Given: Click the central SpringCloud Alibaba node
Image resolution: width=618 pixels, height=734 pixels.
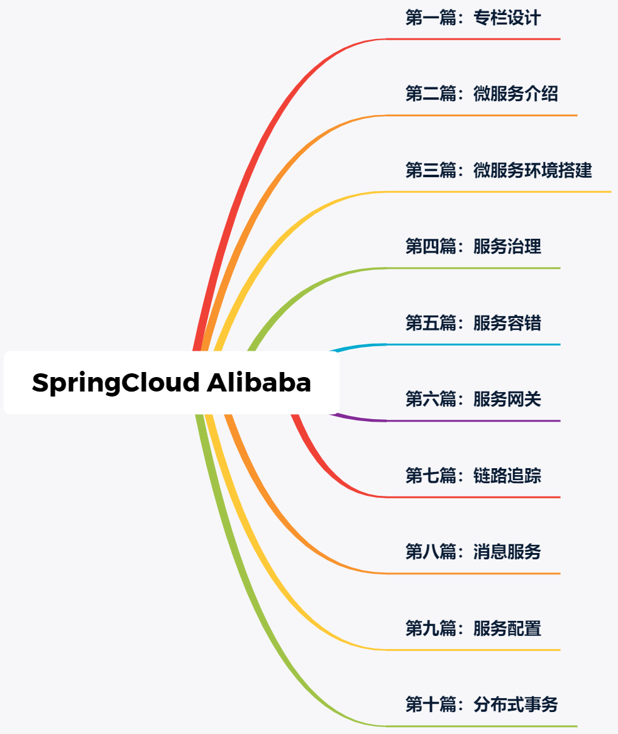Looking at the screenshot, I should (x=172, y=383).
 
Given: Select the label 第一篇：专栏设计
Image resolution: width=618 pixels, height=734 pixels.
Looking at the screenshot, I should (x=473, y=18).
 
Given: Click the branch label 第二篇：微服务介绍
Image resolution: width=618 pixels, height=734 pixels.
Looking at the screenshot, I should (x=482, y=94).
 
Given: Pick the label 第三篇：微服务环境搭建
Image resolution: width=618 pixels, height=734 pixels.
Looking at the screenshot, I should (x=499, y=170).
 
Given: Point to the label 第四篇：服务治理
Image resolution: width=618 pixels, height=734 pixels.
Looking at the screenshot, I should (x=473, y=246).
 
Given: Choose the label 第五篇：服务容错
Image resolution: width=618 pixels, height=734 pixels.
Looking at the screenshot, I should (x=473, y=323).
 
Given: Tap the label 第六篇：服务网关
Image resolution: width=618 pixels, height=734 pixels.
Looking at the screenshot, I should (x=473, y=399).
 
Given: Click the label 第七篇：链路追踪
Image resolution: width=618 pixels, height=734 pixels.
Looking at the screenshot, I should (x=473, y=476).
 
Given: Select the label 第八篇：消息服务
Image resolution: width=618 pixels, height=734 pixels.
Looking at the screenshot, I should (x=473, y=552).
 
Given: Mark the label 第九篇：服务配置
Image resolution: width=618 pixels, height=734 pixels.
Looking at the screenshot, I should (x=473, y=628).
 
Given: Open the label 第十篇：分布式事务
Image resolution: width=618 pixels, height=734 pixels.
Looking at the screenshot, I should (x=482, y=704).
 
